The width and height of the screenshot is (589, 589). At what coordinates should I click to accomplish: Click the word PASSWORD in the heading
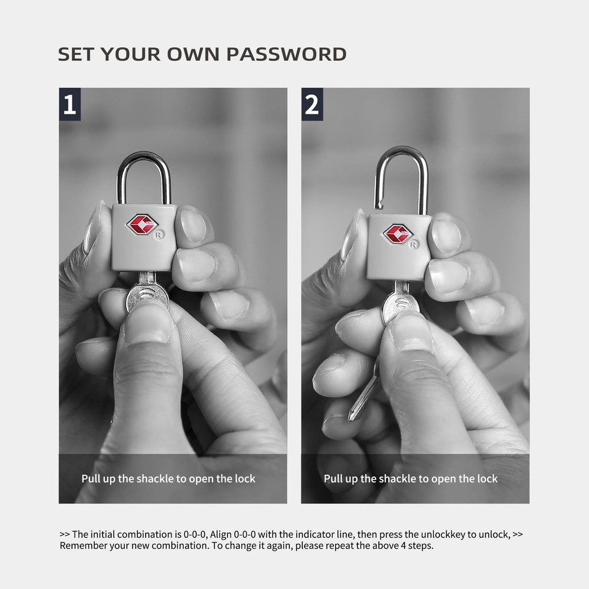[286, 54]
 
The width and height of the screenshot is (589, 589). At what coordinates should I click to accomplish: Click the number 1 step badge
[70, 104]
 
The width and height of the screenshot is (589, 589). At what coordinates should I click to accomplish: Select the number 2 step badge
[312, 104]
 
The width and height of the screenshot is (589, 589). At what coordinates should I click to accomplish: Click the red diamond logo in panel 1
[142, 225]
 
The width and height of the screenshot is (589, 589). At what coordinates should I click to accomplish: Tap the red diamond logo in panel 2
[398, 233]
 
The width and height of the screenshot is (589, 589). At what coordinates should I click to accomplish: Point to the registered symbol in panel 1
[159, 235]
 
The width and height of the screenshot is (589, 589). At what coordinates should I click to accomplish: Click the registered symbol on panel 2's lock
[413, 244]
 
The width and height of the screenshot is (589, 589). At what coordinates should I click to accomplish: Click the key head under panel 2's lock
[401, 305]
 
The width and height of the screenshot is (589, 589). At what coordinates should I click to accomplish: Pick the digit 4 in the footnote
[403, 545]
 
